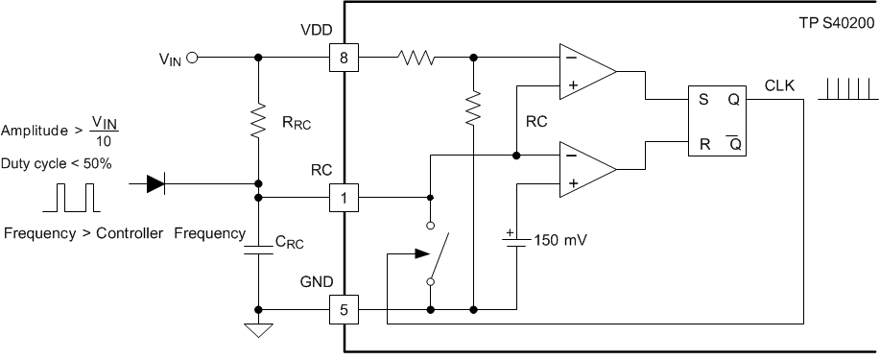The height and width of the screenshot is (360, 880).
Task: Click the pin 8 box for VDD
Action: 343,58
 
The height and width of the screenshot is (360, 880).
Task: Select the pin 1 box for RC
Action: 343,198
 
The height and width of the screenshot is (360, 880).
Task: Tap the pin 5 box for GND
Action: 343,310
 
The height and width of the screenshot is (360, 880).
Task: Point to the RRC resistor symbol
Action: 258,123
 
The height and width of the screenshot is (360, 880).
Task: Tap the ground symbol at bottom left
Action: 258,331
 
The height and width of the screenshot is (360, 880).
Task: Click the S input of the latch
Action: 705,98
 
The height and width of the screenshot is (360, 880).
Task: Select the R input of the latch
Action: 705,143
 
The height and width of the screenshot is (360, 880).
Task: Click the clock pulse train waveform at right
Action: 845,89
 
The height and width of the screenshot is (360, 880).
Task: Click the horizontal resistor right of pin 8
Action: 416,58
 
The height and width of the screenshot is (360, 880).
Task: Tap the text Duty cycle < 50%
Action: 57,163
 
